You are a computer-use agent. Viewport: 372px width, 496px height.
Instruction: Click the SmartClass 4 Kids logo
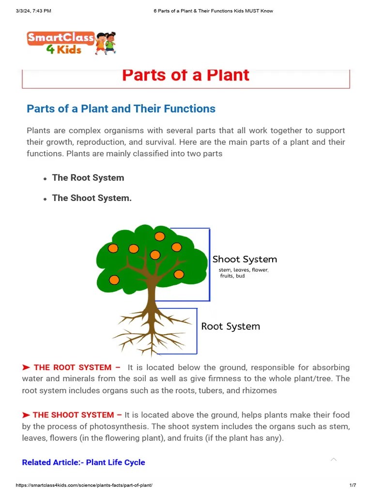(x=71, y=43)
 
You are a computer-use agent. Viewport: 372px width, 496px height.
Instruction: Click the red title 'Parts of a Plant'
(x=186, y=75)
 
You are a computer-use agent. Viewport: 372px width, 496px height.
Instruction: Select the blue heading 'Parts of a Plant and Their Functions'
(x=121, y=108)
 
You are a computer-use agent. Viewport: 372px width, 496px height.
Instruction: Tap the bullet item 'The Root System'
(x=88, y=178)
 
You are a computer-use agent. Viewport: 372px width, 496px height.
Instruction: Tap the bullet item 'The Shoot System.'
(x=92, y=198)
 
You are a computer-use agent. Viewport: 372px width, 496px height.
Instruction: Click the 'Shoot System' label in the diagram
(x=245, y=259)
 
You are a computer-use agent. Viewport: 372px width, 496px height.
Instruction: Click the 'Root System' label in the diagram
(x=231, y=326)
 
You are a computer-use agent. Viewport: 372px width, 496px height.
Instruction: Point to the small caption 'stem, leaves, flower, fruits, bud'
(x=243, y=273)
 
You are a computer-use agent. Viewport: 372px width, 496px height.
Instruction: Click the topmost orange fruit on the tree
(x=159, y=236)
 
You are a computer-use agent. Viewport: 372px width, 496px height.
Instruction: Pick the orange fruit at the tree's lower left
(x=114, y=279)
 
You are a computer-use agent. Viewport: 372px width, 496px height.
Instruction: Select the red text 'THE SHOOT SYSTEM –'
(x=77, y=415)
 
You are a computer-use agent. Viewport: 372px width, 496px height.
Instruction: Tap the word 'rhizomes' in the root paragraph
(x=261, y=390)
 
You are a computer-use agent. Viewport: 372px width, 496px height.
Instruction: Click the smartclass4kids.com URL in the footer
(x=84, y=485)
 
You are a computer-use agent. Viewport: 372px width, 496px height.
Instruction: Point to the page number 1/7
(x=353, y=485)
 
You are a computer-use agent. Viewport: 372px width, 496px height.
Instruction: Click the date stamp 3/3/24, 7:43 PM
(x=33, y=11)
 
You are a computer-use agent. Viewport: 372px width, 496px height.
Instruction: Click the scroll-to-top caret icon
(x=333, y=459)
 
